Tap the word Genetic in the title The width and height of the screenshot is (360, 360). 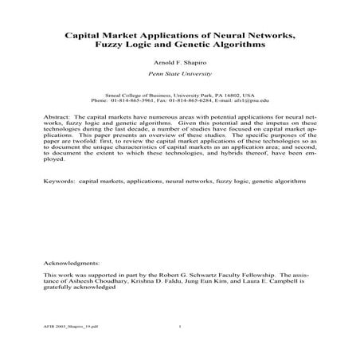click(x=222, y=45)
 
